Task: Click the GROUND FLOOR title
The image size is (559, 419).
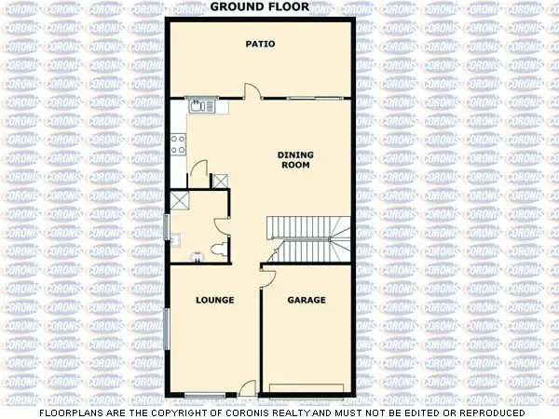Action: point(260,7)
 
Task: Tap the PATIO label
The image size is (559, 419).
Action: point(260,44)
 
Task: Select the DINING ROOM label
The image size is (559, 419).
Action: point(295,159)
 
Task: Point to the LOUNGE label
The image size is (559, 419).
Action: point(214,300)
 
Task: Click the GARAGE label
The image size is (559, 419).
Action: point(306,300)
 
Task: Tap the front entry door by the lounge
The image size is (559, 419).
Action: point(247,389)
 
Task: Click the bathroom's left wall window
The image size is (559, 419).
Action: point(168,225)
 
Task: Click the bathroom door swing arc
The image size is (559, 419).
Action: point(222,226)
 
